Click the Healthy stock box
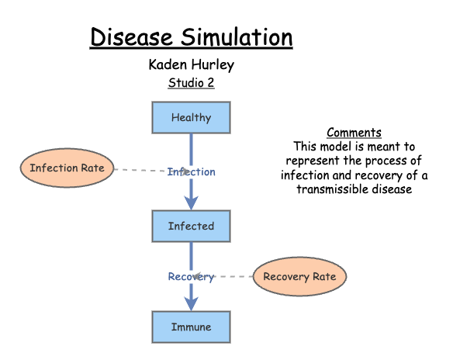coord(191,118)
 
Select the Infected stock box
coord(191,227)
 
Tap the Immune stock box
coord(191,327)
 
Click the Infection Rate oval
coord(67,168)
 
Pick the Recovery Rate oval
coord(299,277)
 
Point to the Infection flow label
coord(192,171)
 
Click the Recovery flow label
coord(192,277)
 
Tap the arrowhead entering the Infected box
coord(191,203)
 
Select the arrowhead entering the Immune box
coord(191,304)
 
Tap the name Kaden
coord(168,64)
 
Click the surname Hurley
coord(213,64)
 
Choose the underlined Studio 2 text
coord(191,83)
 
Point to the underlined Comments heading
coord(354,133)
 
